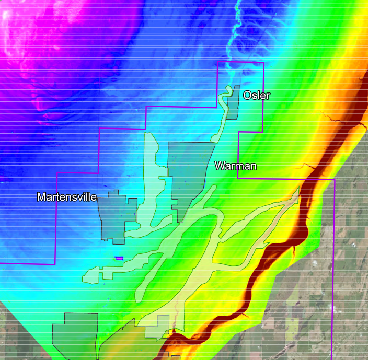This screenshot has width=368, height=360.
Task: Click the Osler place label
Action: [257, 95]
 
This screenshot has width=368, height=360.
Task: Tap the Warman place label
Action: [236, 166]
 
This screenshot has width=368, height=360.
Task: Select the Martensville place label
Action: [67, 197]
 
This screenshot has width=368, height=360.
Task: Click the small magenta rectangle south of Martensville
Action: [119, 258]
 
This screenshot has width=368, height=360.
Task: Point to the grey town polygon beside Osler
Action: [234, 102]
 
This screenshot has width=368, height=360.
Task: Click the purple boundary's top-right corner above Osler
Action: [263, 62]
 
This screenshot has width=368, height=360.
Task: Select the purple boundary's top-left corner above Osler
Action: [217, 62]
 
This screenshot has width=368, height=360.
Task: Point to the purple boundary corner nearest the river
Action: [333, 179]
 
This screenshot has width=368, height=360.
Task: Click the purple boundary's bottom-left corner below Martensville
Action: [55, 264]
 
